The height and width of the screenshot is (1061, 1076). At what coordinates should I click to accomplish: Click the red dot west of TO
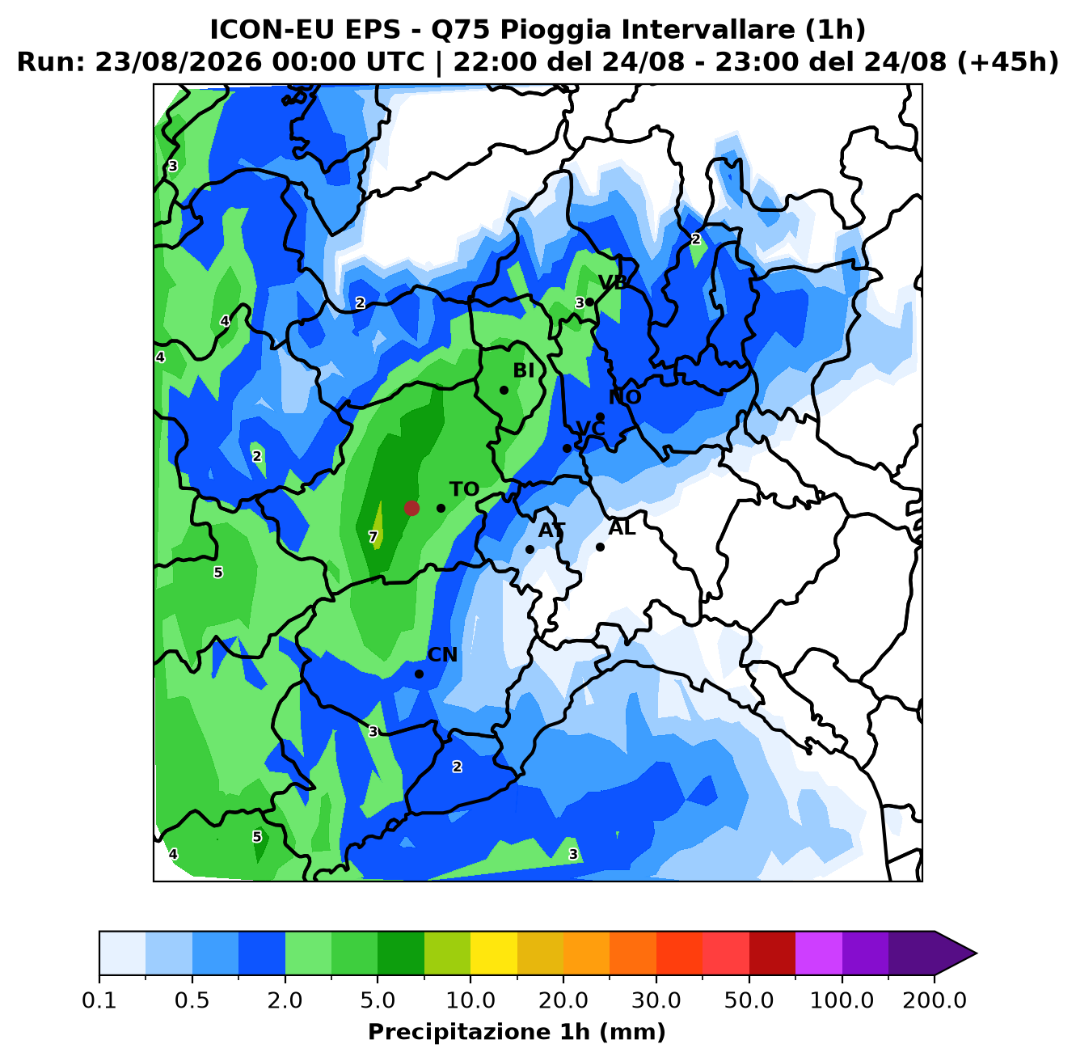(411, 508)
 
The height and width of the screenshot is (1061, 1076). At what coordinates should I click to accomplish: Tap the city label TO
(464, 489)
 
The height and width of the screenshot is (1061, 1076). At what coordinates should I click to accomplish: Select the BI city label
(523, 370)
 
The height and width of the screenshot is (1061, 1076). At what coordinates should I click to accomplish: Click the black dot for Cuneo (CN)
(419, 674)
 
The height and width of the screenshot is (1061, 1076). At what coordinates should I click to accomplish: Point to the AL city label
(622, 528)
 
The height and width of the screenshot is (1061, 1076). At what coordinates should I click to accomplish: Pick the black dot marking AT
(530, 549)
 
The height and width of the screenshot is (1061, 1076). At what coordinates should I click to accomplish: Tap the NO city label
(625, 397)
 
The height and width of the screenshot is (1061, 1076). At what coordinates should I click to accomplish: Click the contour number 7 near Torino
(373, 537)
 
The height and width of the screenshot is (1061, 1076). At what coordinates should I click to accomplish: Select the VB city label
(613, 282)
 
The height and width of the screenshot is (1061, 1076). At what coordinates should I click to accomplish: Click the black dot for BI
(504, 390)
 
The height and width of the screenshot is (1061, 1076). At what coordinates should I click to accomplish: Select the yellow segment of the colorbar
(494, 953)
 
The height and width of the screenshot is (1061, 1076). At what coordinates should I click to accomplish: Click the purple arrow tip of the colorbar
(976, 953)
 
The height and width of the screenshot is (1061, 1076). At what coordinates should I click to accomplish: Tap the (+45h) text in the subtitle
(1008, 62)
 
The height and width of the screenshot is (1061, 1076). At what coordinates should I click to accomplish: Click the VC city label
(590, 429)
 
